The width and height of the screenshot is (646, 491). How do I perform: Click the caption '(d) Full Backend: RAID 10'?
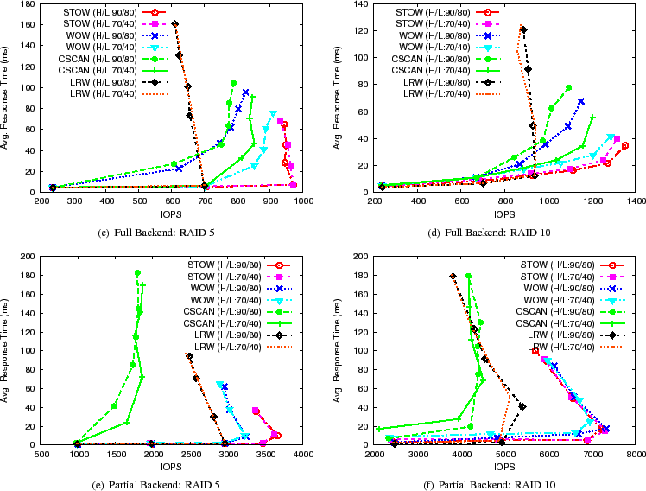click(x=484, y=232)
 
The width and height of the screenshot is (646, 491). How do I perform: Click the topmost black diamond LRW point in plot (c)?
click(x=175, y=24)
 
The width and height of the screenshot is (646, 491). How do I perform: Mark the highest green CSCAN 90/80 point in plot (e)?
click(x=137, y=273)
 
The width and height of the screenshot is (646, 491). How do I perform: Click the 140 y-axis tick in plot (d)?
click(x=360, y=3)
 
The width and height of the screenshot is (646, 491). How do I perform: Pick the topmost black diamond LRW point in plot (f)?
click(x=453, y=277)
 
